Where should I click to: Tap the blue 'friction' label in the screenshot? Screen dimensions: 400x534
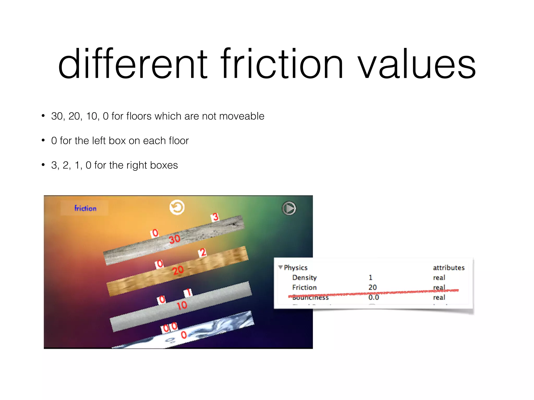click(x=85, y=208)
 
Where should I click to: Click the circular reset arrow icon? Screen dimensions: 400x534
click(x=177, y=208)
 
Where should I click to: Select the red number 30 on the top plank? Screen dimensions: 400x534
click(x=174, y=239)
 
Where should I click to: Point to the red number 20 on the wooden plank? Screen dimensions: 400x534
click(x=178, y=270)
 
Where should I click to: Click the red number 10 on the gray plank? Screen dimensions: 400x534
click(x=182, y=305)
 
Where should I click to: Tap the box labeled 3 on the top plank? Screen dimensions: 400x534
click(x=215, y=217)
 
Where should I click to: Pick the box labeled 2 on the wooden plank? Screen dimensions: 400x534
click(x=203, y=252)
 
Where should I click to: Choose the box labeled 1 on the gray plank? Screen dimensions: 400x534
click(x=188, y=293)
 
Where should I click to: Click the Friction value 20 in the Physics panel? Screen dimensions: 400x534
click(x=372, y=287)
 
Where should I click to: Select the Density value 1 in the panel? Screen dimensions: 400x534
click(x=371, y=277)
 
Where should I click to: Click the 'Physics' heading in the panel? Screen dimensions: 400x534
click(x=295, y=267)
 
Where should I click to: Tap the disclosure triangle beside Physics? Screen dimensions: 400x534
click(x=281, y=267)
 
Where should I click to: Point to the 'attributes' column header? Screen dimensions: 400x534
click(x=448, y=267)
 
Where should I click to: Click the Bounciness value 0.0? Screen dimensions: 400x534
click(x=373, y=297)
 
